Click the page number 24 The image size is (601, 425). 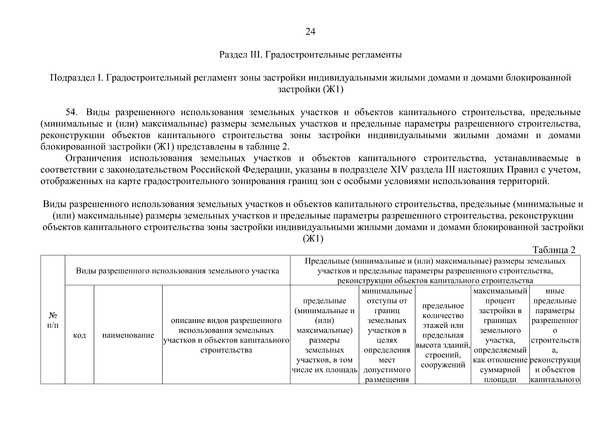(x=310, y=32)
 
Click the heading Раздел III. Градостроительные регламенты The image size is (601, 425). (x=310, y=55)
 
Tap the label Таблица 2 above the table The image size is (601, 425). (x=554, y=250)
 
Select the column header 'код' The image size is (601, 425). (x=79, y=335)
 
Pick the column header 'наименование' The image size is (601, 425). (x=128, y=335)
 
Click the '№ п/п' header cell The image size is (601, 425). (x=53, y=320)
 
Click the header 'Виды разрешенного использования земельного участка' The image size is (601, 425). (x=177, y=271)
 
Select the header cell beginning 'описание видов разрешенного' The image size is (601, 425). (x=226, y=335)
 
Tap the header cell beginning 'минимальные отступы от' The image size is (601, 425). (x=387, y=335)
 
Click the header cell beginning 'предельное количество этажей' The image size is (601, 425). (x=443, y=335)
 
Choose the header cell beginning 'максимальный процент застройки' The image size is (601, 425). (x=500, y=335)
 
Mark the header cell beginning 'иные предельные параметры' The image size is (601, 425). (x=555, y=335)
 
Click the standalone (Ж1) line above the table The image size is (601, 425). (x=313, y=239)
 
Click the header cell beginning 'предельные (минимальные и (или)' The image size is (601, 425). (x=324, y=335)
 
